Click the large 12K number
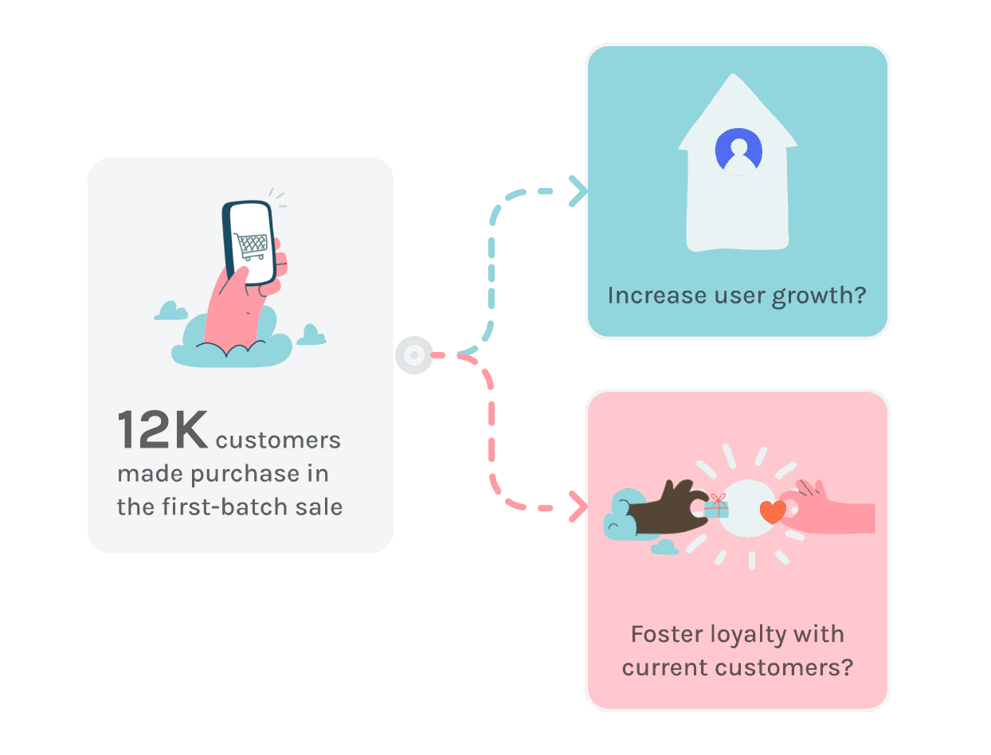[x=163, y=430]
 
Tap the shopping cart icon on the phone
[x=252, y=246]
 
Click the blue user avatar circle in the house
[x=738, y=151]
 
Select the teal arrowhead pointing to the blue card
[x=578, y=191]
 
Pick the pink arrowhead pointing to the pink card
[x=578, y=507]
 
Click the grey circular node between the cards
[x=414, y=355]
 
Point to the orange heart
[x=772, y=511]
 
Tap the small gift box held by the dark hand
[x=717, y=507]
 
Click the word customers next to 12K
[x=278, y=440]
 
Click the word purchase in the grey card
[x=237, y=474]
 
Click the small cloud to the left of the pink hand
[x=170, y=311]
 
